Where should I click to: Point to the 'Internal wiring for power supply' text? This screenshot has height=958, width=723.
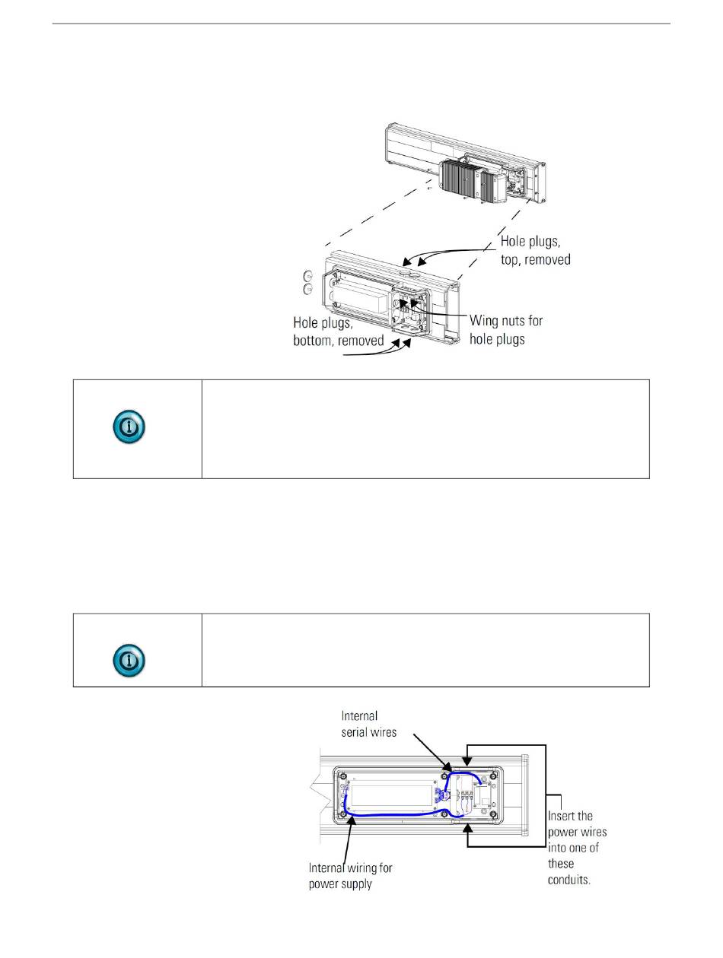click(351, 876)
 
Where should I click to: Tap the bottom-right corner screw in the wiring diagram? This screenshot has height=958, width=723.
click(495, 817)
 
